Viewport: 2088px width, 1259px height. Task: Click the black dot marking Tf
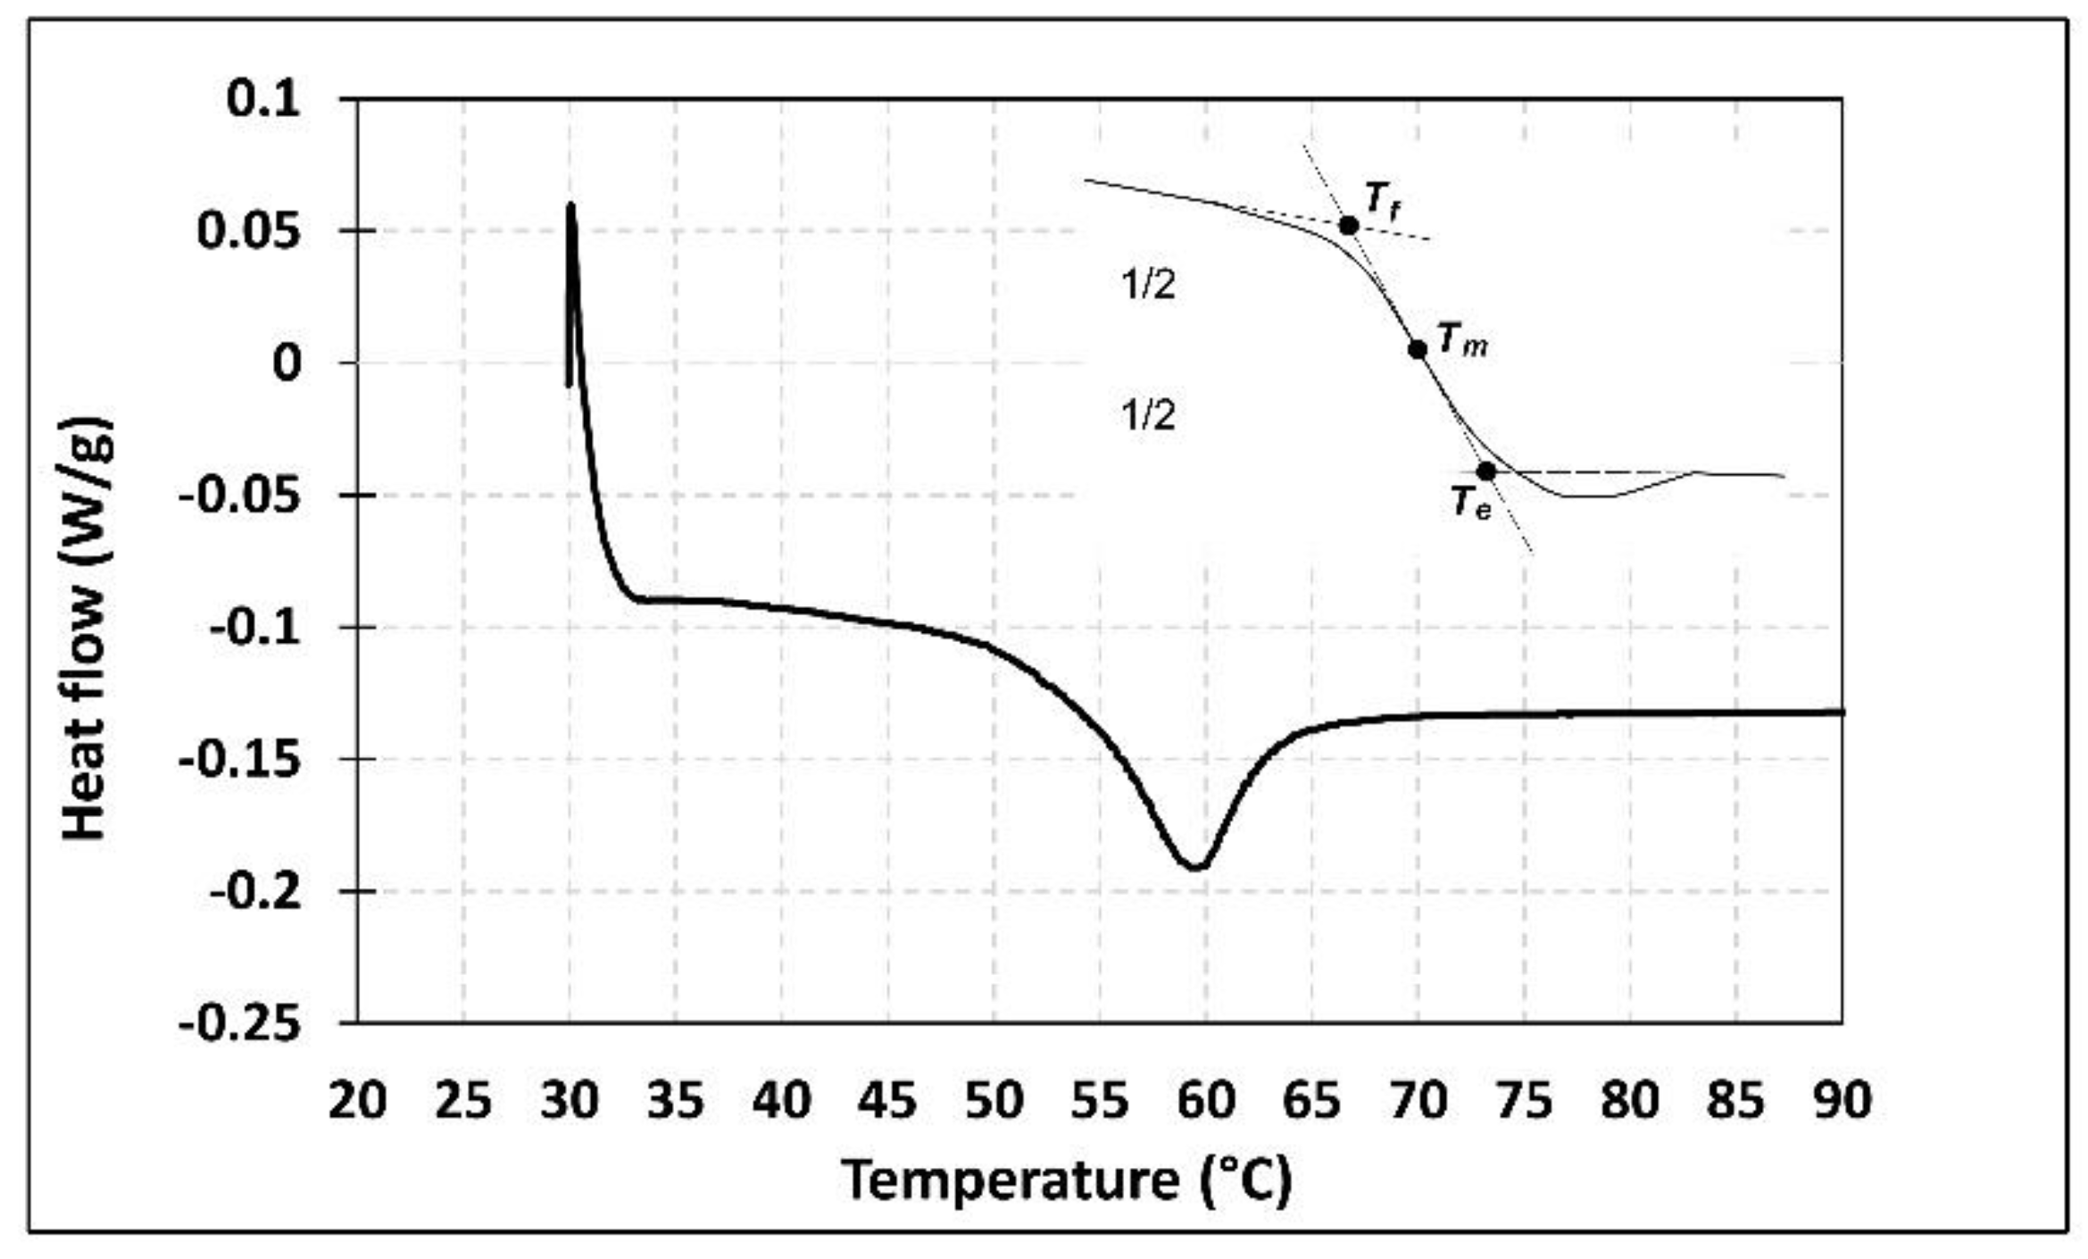pyautogui.click(x=1349, y=226)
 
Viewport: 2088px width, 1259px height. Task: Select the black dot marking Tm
pyautogui.click(x=1418, y=349)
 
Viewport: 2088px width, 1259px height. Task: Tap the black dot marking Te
pyautogui.click(x=1485, y=471)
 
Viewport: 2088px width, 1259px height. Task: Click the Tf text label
pyautogui.click(x=1383, y=200)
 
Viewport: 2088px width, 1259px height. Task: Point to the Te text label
pyautogui.click(x=1470, y=504)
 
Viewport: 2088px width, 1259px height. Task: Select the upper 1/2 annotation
pyautogui.click(x=1148, y=286)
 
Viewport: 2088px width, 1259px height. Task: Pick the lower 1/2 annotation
pyautogui.click(x=1148, y=416)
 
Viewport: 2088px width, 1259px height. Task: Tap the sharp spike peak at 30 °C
pyautogui.click(x=570, y=205)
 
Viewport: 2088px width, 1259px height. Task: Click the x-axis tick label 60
pyautogui.click(x=1206, y=1101)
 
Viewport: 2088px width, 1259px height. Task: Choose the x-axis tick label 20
pyautogui.click(x=357, y=1101)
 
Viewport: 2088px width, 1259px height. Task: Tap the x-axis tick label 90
pyautogui.click(x=1842, y=1101)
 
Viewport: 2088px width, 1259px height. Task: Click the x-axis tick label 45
pyautogui.click(x=887, y=1101)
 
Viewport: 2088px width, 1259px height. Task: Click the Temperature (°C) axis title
pyautogui.click(x=1067, y=1180)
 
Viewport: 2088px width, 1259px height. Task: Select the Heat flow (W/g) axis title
pyautogui.click(x=87, y=629)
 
